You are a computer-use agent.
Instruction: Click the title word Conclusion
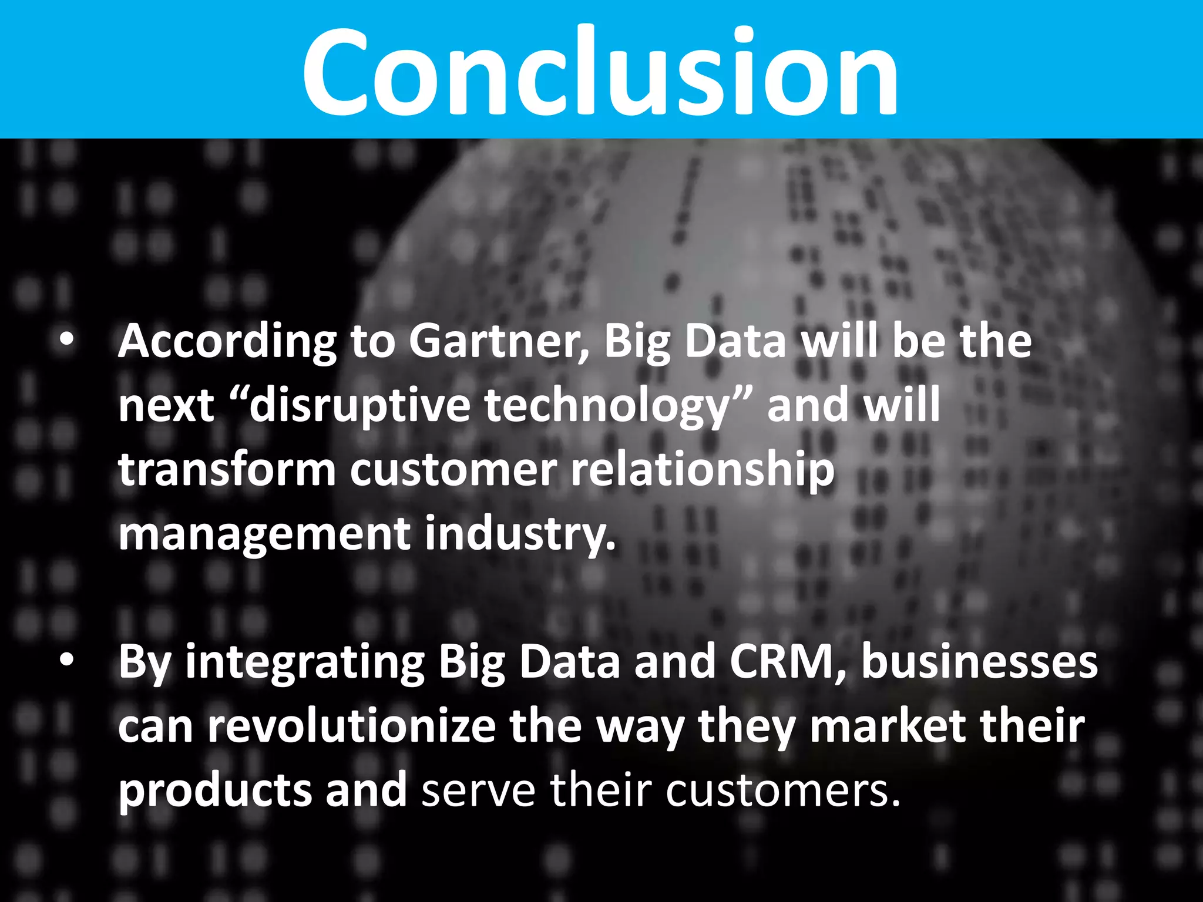600,72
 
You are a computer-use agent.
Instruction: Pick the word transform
227,470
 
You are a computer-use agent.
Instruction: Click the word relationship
703,470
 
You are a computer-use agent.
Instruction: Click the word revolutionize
352,726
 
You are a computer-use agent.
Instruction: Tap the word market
888,726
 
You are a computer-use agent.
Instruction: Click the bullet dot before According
67,340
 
